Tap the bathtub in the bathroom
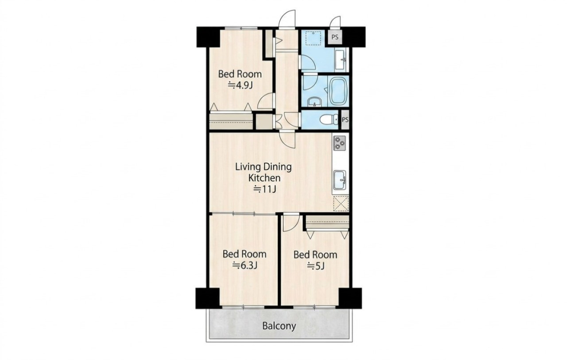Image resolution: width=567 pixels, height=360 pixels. [338, 91]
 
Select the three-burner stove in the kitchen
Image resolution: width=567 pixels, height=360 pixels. [340, 143]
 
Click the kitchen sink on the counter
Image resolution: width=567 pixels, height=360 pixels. [340, 179]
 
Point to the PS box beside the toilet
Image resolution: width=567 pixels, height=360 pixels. [345, 119]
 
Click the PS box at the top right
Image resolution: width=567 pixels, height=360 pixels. [335, 37]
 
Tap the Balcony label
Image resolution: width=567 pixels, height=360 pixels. [279, 326]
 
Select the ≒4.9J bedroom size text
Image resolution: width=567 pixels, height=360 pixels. [240, 85]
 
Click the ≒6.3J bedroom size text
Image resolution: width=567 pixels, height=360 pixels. [245, 265]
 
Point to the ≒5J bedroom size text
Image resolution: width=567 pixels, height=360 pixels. [315, 266]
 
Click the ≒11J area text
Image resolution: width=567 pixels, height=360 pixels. [264, 189]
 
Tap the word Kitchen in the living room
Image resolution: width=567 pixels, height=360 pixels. [263, 178]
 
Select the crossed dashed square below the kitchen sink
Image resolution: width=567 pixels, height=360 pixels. [341, 203]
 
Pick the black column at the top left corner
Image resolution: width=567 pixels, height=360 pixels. [208, 37]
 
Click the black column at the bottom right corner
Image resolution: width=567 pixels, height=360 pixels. [350, 298]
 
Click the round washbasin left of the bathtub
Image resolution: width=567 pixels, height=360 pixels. [314, 101]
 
